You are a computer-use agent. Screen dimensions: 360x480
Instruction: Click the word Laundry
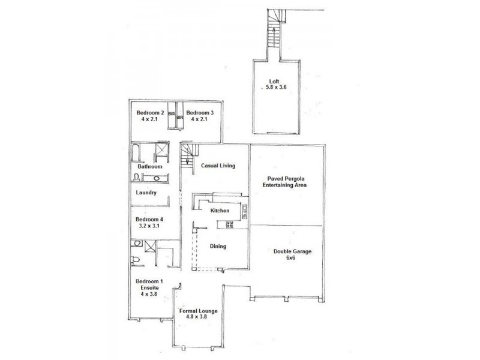(146, 193)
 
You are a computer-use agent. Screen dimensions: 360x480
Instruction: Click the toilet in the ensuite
(136, 259)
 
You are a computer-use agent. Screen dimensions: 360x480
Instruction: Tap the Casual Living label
(217, 166)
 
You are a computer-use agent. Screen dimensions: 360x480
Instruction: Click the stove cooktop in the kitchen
(229, 226)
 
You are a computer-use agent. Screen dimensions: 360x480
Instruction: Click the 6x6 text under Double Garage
(290, 258)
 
